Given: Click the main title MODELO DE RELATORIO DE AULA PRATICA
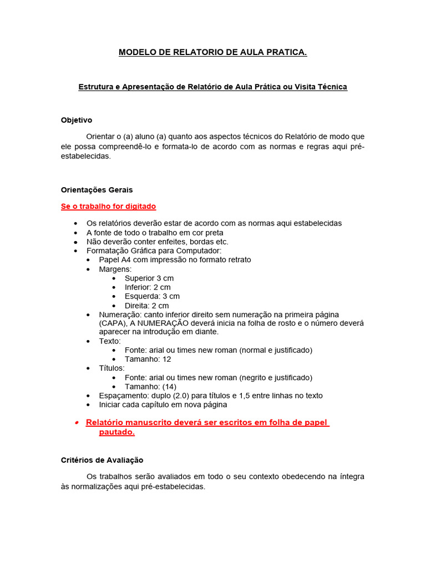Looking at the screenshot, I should click(212, 53).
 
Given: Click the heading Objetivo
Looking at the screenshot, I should click(77, 120).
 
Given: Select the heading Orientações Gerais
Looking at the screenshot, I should click(97, 190).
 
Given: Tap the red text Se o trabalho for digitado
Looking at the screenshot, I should click(108, 207).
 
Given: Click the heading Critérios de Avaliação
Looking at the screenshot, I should click(102, 460).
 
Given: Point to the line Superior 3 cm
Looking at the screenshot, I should click(149, 278).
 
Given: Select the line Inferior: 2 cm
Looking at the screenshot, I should click(148, 287).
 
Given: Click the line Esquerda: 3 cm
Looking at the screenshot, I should click(152, 296).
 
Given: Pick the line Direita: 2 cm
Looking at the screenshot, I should click(146, 306).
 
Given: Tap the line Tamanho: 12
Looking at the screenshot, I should click(147, 359).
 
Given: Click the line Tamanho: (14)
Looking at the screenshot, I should click(150, 386).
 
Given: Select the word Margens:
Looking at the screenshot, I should click(115, 269).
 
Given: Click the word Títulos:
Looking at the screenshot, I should click(112, 368).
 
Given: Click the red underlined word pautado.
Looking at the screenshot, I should click(116, 432).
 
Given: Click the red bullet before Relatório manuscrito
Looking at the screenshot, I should click(77, 422).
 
